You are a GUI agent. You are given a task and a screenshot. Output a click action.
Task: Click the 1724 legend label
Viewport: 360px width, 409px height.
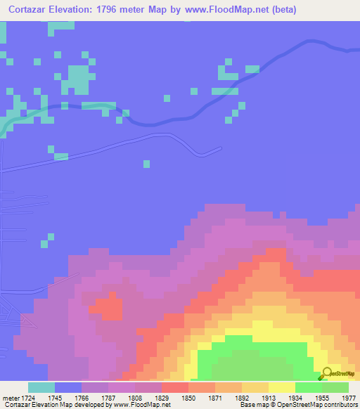tap(28, 398)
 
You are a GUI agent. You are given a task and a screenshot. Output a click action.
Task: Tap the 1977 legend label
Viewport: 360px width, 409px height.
tap(347, 398)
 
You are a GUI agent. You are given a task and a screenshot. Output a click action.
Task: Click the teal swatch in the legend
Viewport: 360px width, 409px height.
tap(41, 387)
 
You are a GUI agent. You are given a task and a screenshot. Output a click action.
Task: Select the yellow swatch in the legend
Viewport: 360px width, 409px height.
tap(281, 387)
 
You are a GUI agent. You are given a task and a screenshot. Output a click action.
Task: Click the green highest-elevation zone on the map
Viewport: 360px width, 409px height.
tap(253, 358)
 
